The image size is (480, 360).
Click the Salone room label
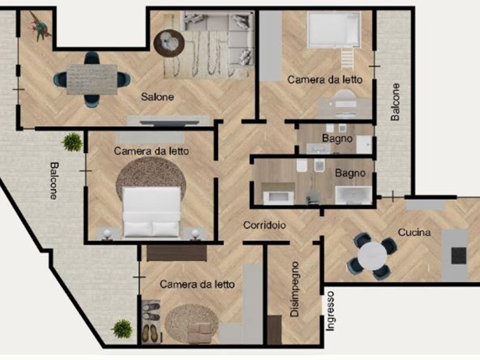[x=157, y=97]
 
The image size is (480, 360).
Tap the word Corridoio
[x=265, y=225]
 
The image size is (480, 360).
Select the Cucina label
[x=414, y=232]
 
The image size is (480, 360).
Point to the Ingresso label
[x=330, y=310]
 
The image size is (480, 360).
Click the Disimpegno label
[x=294, y=289]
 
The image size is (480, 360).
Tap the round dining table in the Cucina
[x=372, y=256]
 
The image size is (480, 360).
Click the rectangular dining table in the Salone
[x=92, y=80]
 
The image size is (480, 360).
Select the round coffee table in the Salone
[x=169, y=43]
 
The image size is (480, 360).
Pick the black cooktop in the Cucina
[x=458, y=256]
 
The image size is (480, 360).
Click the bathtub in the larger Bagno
[x=354, y=196]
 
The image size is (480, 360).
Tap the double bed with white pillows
[x=151, y=212]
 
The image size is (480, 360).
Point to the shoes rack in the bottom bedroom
[x=151, y=322]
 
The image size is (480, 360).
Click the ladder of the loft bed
[x=347, y=59]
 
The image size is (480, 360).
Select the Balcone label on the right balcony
[x=395, y=102]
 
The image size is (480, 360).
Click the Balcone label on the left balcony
[x=54, y=181]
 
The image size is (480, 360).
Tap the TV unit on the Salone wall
[x=168, y=122]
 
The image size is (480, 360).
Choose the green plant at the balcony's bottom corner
[x=122, y=329]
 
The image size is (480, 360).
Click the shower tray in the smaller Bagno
[x=365, y=145]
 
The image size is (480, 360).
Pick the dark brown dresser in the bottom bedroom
[x=177, y=253]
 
